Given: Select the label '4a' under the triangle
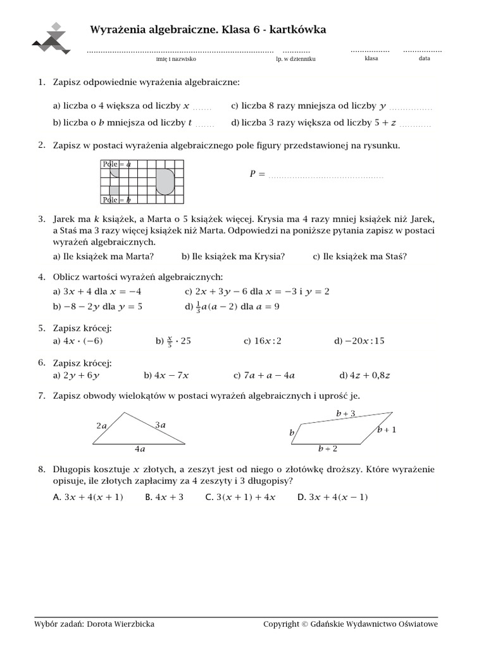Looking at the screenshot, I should point(140,449).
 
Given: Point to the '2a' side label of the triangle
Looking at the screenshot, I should point(101,426).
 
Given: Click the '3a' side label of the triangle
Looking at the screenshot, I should point(160,425).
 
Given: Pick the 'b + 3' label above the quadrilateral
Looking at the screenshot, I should point(346,413).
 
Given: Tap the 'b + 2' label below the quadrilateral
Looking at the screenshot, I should point(327,449).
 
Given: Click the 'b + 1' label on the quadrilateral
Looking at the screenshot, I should point(387,430).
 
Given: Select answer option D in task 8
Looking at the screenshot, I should point(332,498).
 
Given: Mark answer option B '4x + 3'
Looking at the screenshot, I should point(164,498).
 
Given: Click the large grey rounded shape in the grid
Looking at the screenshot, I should point(165,181).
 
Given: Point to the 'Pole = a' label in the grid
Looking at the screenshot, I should point(116,164).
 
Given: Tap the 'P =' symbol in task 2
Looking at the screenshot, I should point(257,174).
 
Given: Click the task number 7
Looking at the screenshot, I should point(41,395).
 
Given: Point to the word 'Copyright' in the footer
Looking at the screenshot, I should point(281,624).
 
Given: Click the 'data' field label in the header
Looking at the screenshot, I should point(424,58).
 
